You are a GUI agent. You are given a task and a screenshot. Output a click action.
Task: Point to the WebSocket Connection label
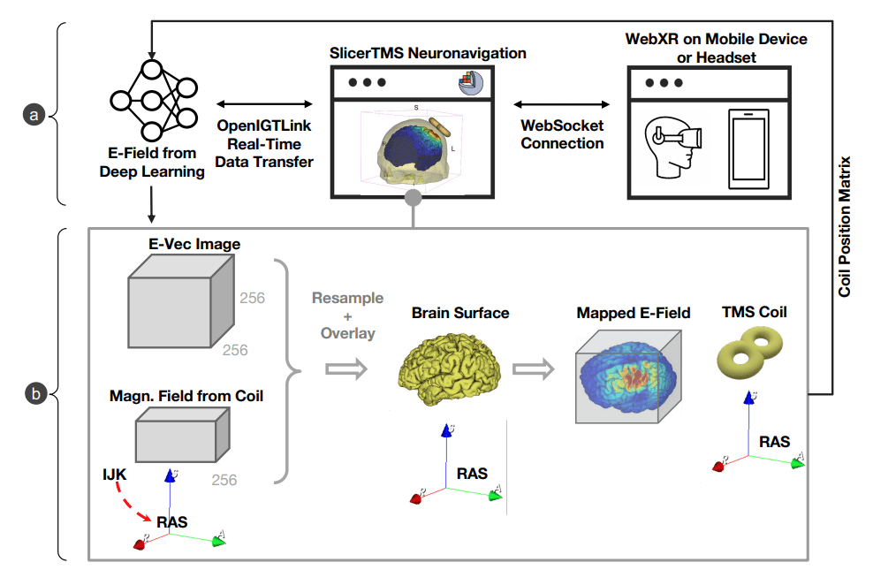(562, 135)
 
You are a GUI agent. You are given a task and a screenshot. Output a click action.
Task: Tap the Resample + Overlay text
(347, 315)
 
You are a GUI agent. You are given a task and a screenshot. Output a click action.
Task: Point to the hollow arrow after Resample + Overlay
(346, 369)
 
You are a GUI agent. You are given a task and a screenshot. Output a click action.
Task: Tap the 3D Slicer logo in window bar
(468, 82)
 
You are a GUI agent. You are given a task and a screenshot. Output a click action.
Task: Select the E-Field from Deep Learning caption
(153, 163)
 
